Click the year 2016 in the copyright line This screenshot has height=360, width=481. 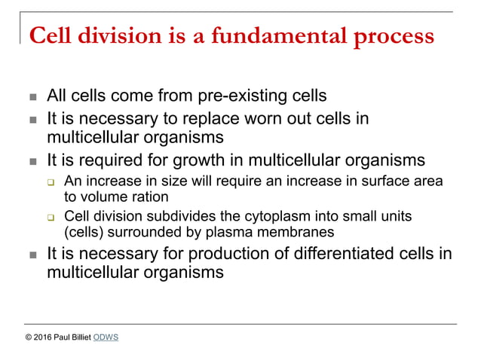44,337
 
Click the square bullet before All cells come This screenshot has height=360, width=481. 32,97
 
